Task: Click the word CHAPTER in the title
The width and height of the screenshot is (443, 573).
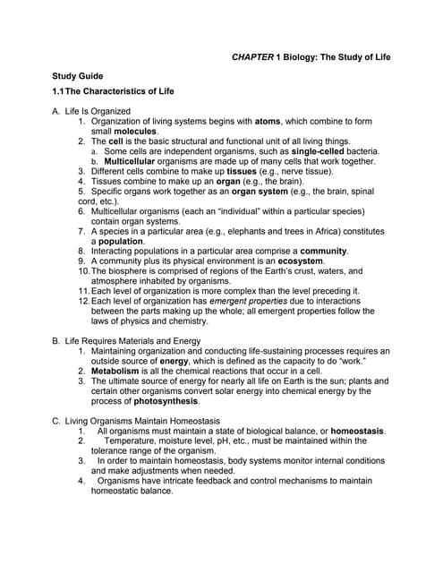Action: (252, 56)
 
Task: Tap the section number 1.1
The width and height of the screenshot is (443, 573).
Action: (62, 91)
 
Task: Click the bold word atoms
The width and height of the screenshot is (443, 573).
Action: (268, 121)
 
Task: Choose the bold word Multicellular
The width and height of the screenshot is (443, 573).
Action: (133, 161)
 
